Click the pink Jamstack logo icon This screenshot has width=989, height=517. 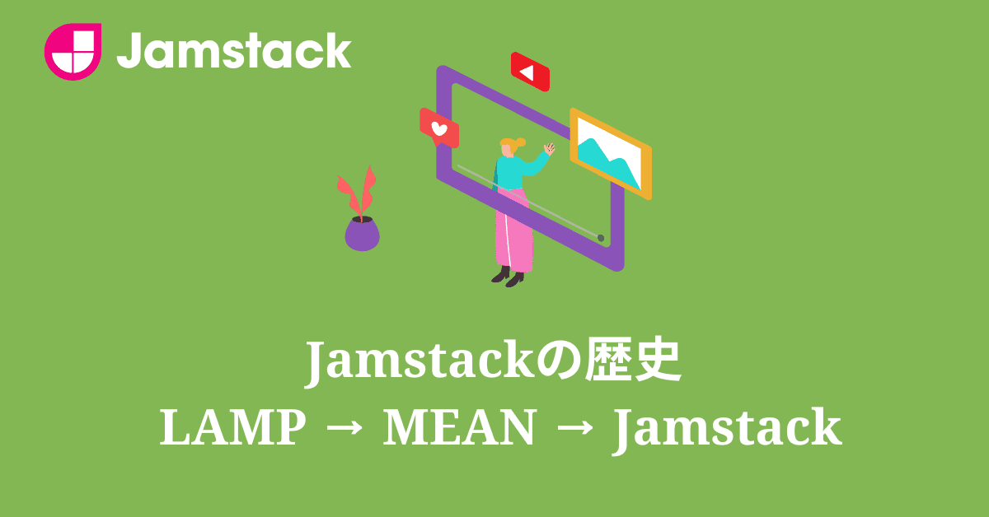73,51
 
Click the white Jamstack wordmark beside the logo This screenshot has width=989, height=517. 234,51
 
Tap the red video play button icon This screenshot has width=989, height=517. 529,72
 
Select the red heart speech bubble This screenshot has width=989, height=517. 438,128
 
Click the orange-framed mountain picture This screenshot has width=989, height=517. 610,153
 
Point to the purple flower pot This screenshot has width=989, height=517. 362,234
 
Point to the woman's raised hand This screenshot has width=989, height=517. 549,148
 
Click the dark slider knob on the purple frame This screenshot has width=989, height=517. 600,238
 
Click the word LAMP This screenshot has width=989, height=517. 230,429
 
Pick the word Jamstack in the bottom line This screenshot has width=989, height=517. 727,429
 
